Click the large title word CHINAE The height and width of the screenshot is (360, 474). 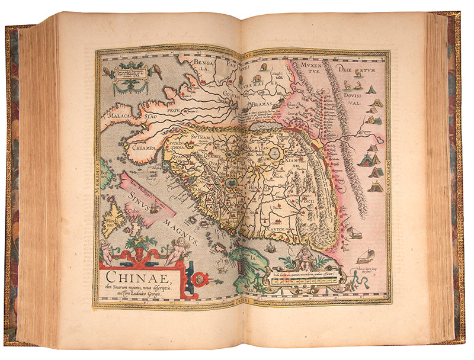(x=136, y=275)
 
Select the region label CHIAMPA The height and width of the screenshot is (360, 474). (x=145, y=148)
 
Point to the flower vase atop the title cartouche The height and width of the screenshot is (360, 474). (x=140, y=244)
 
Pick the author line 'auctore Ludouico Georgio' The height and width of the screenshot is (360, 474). (x=130, y=295)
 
